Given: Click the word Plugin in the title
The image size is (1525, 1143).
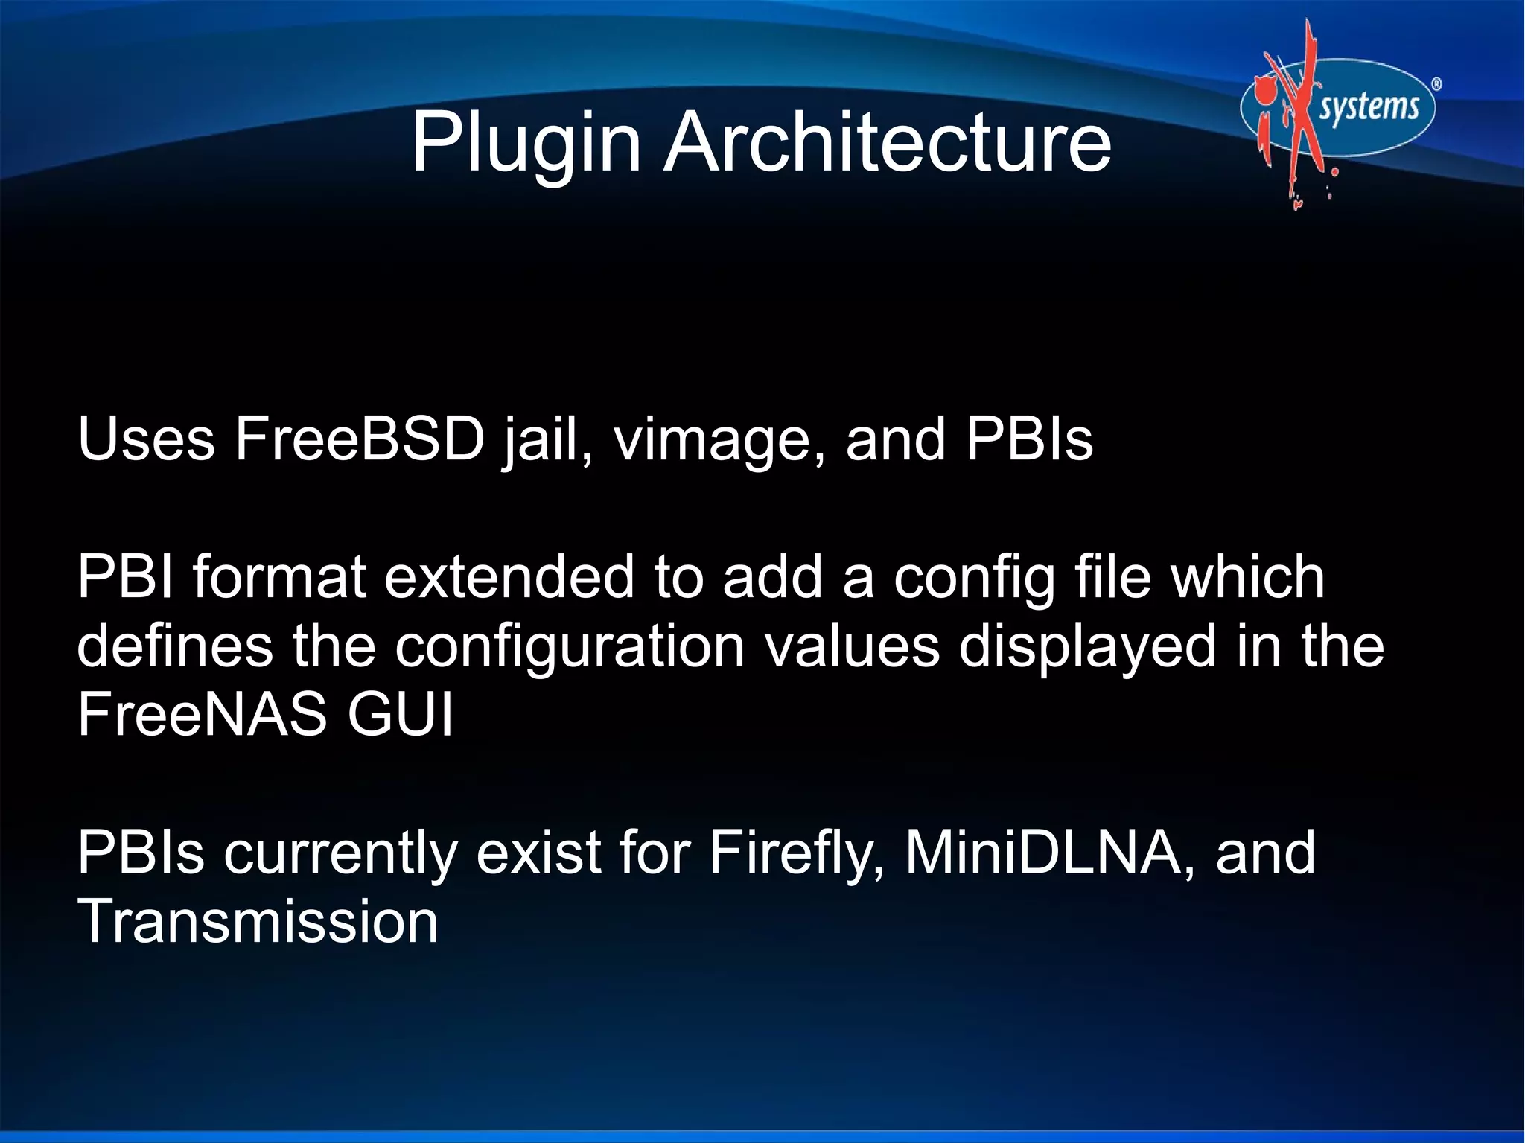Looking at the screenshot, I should tap(526, 143).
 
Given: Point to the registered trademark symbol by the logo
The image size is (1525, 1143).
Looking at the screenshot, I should tap(1436, 84).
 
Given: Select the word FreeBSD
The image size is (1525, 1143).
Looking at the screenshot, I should tap(360, 439).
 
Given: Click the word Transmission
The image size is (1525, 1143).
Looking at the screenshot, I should tap(258, 922).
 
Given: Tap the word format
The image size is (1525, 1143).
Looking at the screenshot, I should tap(279, 577).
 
